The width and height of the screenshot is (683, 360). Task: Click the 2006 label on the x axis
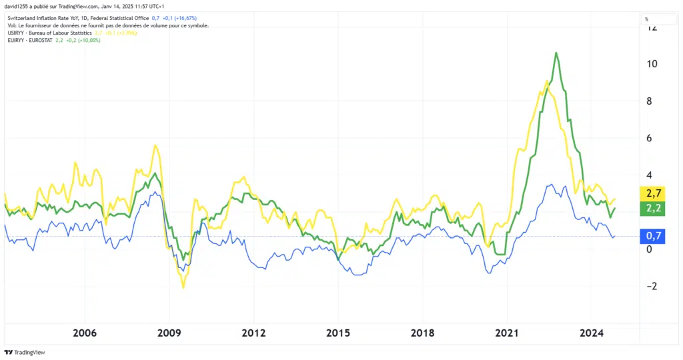[x=85, y=333]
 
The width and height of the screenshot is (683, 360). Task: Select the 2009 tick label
[x=169, y=333]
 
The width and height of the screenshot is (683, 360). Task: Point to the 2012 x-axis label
[x=254, y=333]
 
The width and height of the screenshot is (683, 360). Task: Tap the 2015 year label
[x=338, y=333]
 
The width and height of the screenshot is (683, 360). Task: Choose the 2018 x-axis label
[x=423, y=333]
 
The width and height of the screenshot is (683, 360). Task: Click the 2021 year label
[x=508, y=333]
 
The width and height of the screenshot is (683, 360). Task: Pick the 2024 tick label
[x=592, y=333]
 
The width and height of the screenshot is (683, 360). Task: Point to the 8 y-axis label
[x=650, y=101]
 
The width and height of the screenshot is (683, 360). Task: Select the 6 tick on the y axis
[x=650, y=138]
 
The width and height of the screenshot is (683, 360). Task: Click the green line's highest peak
[x=556, y=53]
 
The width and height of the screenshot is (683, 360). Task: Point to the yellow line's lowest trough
[x=183, y=287]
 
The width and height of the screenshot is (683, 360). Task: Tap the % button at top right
[x=646, y=19]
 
